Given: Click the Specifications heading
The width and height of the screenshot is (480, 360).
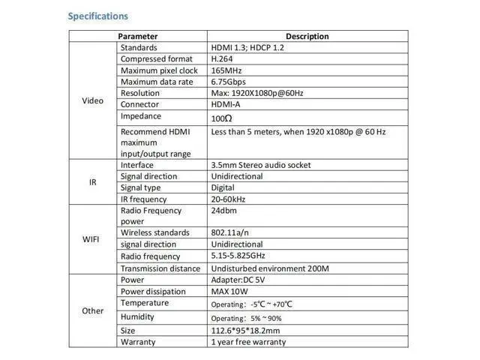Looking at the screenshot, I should click(x=97, y=16).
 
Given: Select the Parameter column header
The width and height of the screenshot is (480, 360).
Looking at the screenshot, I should click(x=137, y=36).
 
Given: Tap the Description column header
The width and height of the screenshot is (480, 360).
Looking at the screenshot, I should click(x=307, y=36).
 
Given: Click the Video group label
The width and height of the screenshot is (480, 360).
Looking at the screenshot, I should click(x=92, y=101).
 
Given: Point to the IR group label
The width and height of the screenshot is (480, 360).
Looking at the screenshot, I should click(x=92, y=181).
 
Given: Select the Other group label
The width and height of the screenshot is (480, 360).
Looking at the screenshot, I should click(x=92, y=310).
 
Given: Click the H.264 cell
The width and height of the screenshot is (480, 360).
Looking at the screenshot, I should click(x=223, y=59).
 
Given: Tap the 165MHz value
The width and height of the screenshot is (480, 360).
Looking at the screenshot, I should click(x=226, y=70).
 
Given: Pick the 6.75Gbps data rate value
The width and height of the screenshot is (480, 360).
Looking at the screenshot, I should click(x=229, y=82).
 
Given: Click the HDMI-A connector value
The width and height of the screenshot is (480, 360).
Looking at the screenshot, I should click(x=227, y=104).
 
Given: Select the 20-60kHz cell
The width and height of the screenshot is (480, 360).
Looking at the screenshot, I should click(x=229, y=199).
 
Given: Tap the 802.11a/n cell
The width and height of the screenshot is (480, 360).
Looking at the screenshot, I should click(x=229, y=232).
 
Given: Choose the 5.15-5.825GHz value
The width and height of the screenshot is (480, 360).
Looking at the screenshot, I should click(x=239, y=256).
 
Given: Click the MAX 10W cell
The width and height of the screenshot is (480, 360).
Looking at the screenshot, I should click(x=230, y=292).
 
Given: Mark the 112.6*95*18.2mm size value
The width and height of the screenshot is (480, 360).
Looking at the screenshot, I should click(x=246, y=330).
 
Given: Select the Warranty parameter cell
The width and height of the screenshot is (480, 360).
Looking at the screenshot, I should click(x=138, y=342).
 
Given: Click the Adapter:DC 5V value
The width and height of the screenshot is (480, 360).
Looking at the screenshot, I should click(x=238, y=280).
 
